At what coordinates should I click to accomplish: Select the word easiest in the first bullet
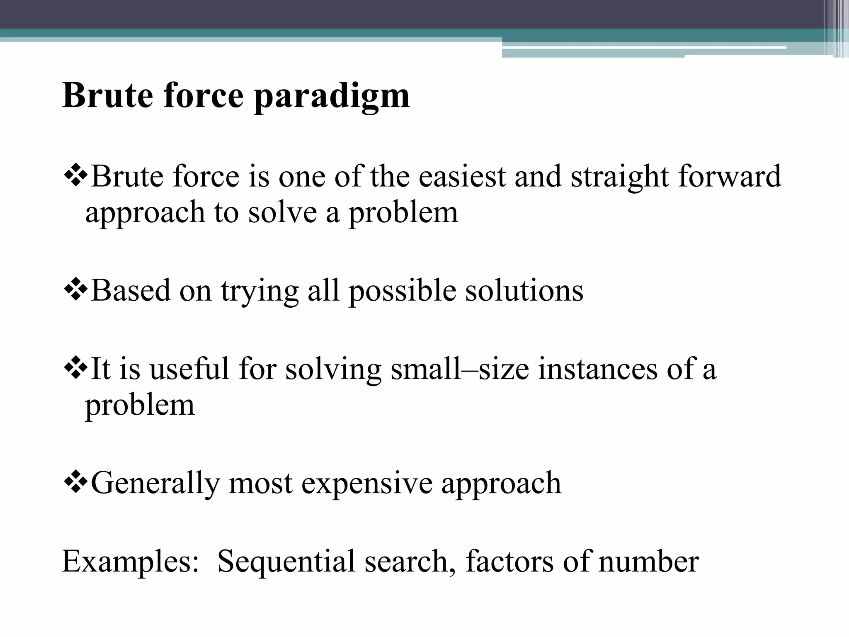[x=462, y=176]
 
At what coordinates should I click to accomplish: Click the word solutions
[x=524, y=290]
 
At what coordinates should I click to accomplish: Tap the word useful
[x=189, y=369]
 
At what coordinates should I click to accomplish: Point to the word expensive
[x=366, y=484]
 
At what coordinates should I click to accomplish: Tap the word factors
[x=509, y=561]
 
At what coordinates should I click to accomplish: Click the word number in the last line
[x=649, y=561]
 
